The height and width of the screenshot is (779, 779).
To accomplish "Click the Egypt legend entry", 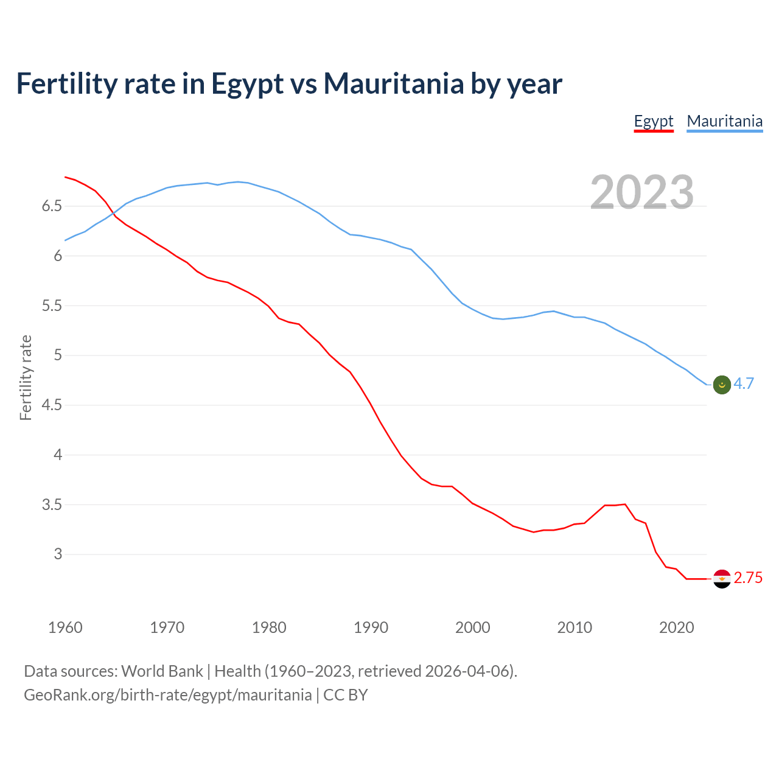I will click(x=654, y=121).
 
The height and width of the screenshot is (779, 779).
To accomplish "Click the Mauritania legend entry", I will click(x=724, y=121).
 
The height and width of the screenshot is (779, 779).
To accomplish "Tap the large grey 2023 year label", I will click(x=642, y=192).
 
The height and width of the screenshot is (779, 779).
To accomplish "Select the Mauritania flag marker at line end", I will click(x=721, y=385).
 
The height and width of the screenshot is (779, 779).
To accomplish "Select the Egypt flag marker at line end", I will click(x=721, y=579).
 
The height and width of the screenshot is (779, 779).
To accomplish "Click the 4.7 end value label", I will click(x=744, y=383).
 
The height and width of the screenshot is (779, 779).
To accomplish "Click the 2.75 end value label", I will click(x=748, y=578).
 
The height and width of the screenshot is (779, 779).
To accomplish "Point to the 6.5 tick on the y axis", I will click(x=52, y=206).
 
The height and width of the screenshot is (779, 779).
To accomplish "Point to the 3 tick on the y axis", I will click(x=58, y=554).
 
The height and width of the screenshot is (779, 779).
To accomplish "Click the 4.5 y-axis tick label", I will click(x=52, y=405).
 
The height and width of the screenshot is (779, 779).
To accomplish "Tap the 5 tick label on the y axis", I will click(x=58, y=355).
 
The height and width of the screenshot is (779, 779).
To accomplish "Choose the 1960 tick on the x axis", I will click(x=65, y=627).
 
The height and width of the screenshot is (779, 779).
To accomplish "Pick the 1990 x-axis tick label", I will click(x=371, y=627).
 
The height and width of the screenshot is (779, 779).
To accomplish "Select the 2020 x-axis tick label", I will click(x=676, y=627).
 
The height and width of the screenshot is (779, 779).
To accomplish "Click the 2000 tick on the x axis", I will click(x=473, y=627).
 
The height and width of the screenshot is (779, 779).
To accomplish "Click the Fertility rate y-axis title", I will click(x=26, y=377).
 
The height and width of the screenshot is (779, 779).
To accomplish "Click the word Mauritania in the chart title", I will click(x=393, y=84).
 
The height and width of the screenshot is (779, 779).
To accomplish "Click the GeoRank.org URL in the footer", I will click(x=167, y=695).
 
